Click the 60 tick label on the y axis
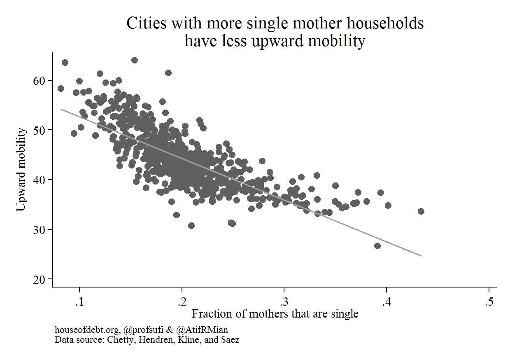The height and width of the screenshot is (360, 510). [x=40, y=80]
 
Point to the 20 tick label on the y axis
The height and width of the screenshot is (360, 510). [x=40, y=279]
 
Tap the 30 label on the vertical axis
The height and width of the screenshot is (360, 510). [x=40, y=229]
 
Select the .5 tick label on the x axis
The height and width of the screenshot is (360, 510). [x=489, y=302]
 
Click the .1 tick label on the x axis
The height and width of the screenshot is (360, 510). [x=79, y=302]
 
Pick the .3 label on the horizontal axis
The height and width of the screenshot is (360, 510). [x=284, y=302]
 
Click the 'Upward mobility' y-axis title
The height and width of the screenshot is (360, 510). [x=22, y=169]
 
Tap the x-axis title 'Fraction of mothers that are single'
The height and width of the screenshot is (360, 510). [x=275, y=314]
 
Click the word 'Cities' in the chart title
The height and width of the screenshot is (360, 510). [x=143, y=23]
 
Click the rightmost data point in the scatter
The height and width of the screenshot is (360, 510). [x=421, y=211]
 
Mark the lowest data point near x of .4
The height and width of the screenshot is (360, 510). [x=377, y=246]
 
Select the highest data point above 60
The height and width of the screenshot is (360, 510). [x=134, y=60]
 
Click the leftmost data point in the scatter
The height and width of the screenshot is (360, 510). [x=61, y=89]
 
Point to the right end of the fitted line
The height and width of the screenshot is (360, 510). [x=421, y=256]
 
